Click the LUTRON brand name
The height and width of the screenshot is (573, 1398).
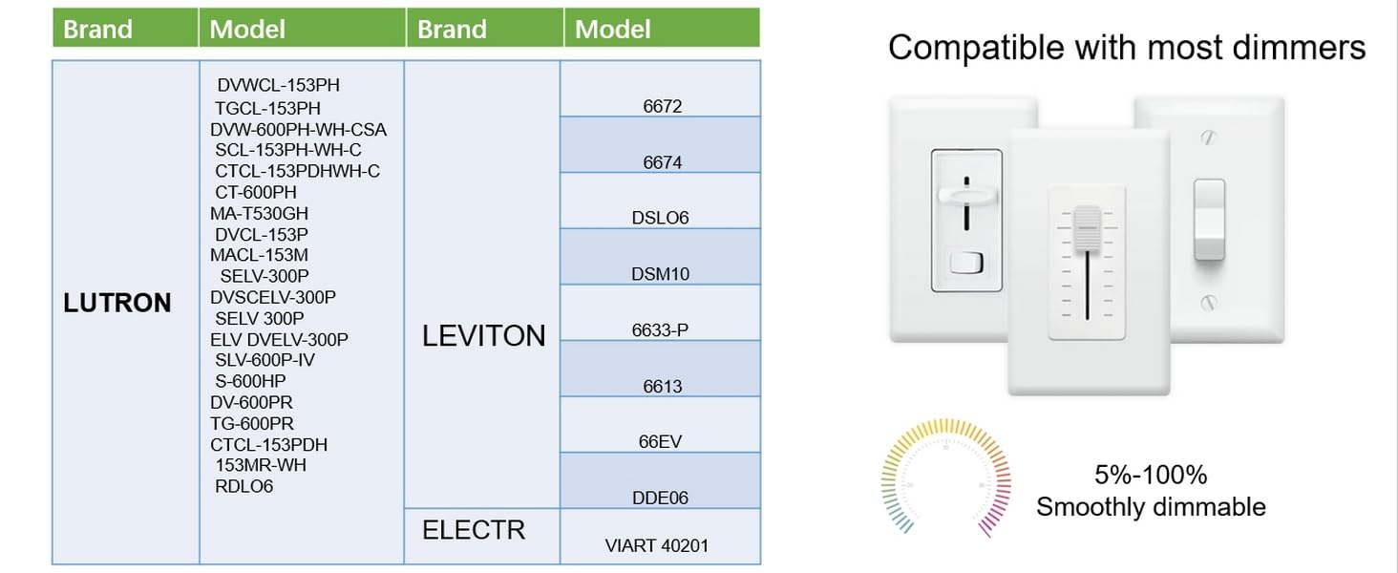pyautogui.click(x=117, y=304)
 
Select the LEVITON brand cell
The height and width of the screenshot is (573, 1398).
pyautogui.click(x=484, y=335)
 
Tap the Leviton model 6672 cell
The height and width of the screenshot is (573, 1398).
pyautogui.click(x=662, y=106)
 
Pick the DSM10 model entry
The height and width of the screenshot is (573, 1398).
pyautogui.click(x=660, y=274)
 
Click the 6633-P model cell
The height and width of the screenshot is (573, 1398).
pyautogui.click(x=660, y=330)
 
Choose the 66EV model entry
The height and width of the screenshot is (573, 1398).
pyautogui.click(x=660, y=441)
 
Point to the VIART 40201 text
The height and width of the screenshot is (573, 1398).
pyautogui.click(x=657, y=546)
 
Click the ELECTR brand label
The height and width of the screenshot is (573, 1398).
pyautogui.click(x=474, y=529)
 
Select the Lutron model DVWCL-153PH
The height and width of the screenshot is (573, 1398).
pyautogui.click(x=278, y=86)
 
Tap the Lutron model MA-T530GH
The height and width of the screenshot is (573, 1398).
pyautogui.click(x=259, y=213)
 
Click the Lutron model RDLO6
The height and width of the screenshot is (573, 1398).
pyautogui.click(x=244, y=486)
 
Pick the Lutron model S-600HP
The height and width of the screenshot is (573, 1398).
pyautogui.click(x=250, y=381)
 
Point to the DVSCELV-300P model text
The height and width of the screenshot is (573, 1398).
pyautogui.click(x=273, y=297)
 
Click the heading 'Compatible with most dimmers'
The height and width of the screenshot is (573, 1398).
pyautogui.click(x=1127, y=48)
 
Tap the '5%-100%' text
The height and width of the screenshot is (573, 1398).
pyautogui.click(x=1151, y=475)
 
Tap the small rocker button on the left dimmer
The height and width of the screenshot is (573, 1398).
pyautogui.click(x=965, y=263)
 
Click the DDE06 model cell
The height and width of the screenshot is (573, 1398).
pyautogui.click(x=660, y=498)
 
